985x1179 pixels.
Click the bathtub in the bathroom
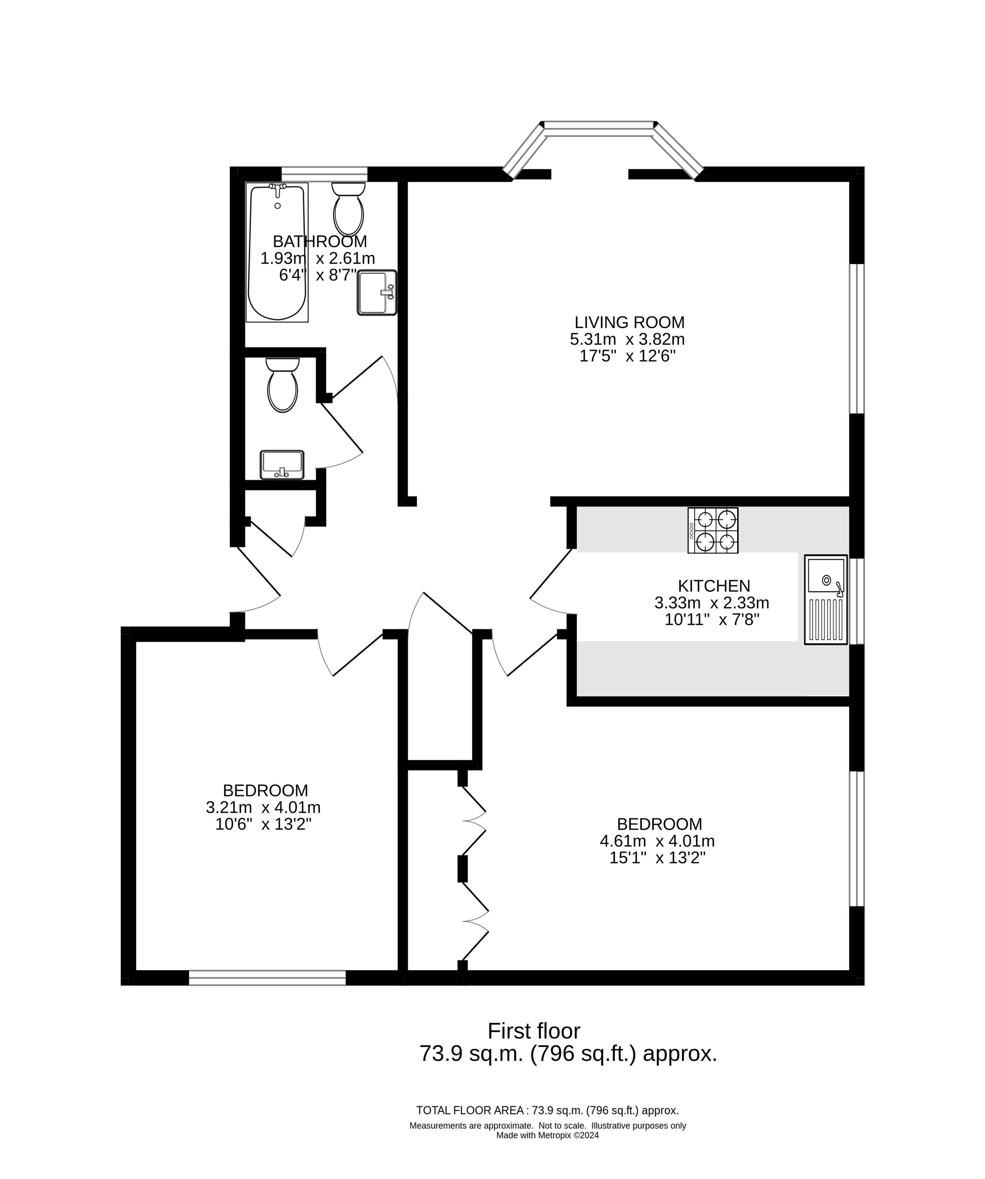click(x=277, y=252)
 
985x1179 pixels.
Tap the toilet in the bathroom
click(x=349, y=209)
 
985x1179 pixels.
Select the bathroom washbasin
click(x=377, y=293)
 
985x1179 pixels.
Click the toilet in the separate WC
click(x=282, y=385)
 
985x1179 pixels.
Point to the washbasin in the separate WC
click(x=282, y=465)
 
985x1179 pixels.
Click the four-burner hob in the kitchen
click(x=713, y=530)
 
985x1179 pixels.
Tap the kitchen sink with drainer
click(x=826, y=600)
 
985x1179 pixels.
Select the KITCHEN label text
click(x=714, y=585)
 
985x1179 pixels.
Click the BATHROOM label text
click(x=320, y=241)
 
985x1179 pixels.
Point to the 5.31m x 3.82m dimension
click(x=627, y=339)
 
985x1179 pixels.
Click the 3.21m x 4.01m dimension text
click(x=263, y=807)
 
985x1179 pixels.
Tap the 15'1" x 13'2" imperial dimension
click(x=657, y=858)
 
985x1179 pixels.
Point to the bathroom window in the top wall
click(x=324, y=174)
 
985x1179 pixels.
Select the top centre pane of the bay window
click(x=599, y=129)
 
